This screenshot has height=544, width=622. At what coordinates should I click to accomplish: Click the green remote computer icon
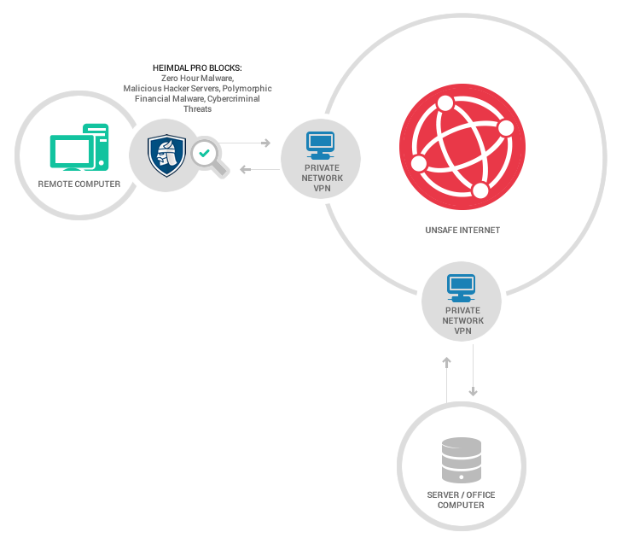(x=79, y=148)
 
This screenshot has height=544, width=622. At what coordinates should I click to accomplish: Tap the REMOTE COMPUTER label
(x=79, y=184)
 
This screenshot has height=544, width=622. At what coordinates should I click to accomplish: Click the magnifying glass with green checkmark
(x=209, y=157)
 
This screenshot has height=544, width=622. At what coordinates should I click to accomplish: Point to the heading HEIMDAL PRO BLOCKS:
(x=197, y=68)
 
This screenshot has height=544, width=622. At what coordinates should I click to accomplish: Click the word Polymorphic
(x=247, y=89)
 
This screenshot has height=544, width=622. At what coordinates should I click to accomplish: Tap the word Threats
(x=198, y=108)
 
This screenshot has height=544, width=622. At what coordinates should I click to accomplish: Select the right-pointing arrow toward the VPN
(x=244, y=143)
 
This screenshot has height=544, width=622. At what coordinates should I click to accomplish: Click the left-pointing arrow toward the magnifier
(x=260, y=170)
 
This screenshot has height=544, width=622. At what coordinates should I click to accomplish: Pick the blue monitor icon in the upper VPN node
(x=321, y=145)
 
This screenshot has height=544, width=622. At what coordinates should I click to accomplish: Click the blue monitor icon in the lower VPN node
(x=462, y=288)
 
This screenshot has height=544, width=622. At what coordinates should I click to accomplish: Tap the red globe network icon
(x=462, y=147)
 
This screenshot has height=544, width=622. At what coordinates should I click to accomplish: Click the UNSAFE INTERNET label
(x=462, y=231)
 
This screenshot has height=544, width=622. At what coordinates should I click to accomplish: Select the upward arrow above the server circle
(x=447, y=380)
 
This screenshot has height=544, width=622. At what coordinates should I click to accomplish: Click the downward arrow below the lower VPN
(x=473, y=370)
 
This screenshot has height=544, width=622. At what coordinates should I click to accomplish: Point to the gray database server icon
(x=462, y=459)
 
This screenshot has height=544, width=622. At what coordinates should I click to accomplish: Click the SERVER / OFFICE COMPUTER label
(x=461, y=500)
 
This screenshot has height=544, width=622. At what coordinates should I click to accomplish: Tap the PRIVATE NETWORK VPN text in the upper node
(x=323, y=178)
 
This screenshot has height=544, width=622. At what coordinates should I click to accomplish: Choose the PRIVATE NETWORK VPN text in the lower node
(x=463, y=321)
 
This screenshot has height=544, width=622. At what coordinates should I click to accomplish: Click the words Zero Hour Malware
(x=197, y=79)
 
